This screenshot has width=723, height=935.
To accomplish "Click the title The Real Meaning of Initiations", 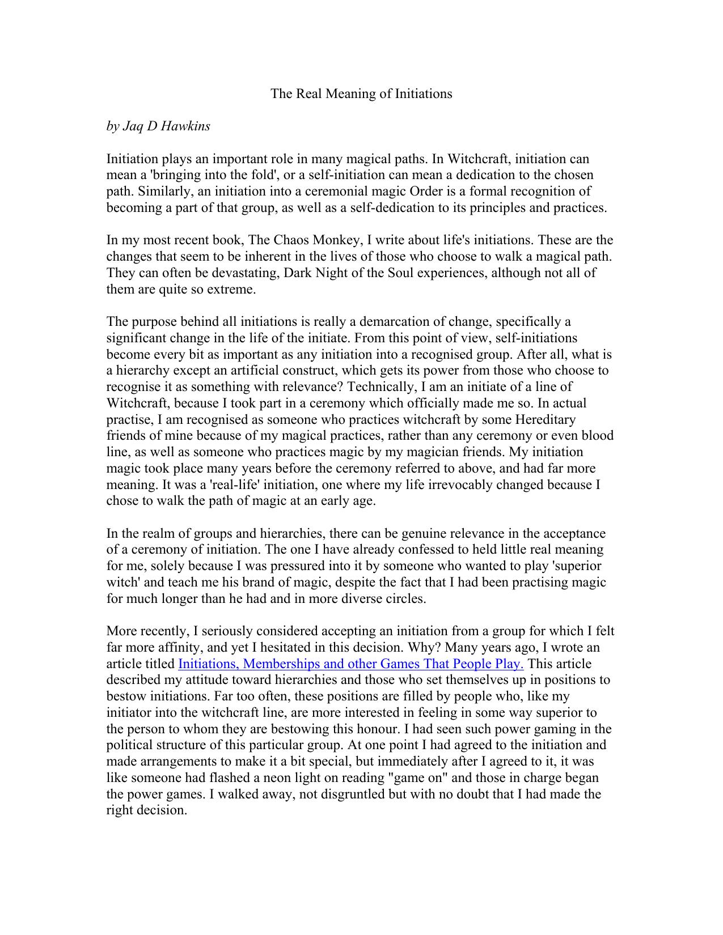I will coord(361,93).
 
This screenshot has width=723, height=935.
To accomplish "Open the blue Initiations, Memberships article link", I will coord(350,664).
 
